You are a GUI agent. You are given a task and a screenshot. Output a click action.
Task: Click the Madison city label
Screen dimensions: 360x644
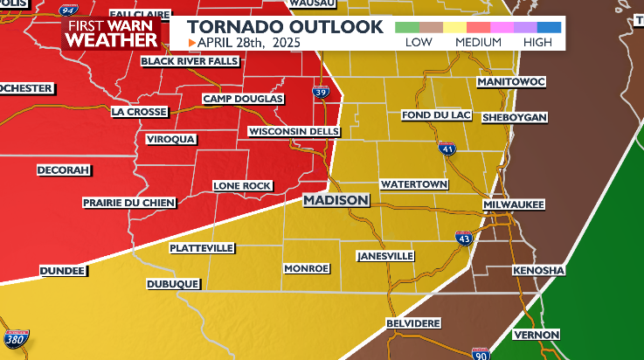click(x=336, y=201)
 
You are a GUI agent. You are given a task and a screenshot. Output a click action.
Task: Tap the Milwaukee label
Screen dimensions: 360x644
click(x=514, y=204)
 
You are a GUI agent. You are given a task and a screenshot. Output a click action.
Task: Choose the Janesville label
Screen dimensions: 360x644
click(x=385, y=256)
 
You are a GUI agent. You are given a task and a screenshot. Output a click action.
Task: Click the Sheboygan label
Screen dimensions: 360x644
click(x=514, y=116)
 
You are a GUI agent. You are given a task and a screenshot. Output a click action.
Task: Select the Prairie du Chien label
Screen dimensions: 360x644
click(x=129, y=203)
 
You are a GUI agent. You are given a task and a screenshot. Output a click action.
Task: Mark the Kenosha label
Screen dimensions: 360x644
click(x=538, y=271)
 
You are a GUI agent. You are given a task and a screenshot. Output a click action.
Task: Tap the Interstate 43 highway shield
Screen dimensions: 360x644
click(x=463, y=237)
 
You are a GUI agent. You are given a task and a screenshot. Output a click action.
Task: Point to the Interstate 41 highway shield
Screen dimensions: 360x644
click(x=447, y=149)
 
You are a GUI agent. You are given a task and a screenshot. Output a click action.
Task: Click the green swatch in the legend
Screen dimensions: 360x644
click(x=406, y=27)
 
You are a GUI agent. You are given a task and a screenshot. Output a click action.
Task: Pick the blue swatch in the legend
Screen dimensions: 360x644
click(x=549, y=27)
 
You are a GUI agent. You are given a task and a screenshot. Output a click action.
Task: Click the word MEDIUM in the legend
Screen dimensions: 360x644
click(x=477, y=42)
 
